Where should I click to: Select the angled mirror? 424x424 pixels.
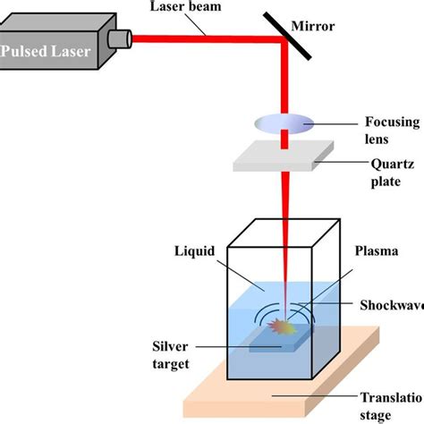point(286,36)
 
